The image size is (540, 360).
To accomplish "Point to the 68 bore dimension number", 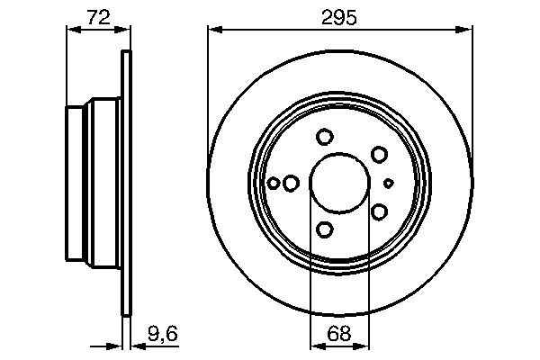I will [x=338, y=333].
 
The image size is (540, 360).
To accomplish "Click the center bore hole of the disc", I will [x=338, y=183].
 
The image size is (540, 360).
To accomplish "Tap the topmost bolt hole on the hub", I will [x=325, y=137].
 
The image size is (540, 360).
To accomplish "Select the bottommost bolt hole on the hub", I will [x=325, y=230].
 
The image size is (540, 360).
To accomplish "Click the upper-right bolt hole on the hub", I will [x=379, y=155].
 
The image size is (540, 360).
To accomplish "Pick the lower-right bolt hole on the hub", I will [x=379, y=211].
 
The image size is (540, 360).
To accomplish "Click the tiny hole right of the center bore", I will [x=389, y=183].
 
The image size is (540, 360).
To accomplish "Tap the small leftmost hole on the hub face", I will [x=274, y=183].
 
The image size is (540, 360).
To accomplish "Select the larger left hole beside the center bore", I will [x=290, y=183].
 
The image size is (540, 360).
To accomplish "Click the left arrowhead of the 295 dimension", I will [x=213, y=29].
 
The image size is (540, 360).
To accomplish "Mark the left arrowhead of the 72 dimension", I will [x=72, y=29].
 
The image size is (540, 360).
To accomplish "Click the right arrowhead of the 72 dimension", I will [x=125, y=29].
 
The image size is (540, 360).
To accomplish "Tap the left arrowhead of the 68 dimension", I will [x=315, y=344].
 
